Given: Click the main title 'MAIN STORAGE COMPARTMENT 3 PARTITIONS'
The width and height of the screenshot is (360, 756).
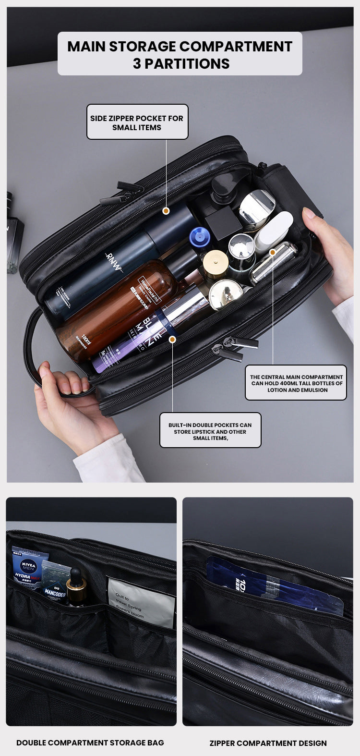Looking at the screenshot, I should (180, 54).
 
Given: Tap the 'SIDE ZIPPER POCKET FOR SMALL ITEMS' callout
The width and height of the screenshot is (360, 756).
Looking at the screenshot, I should (137, 122).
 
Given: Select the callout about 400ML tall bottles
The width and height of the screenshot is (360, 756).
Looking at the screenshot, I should (296, 383).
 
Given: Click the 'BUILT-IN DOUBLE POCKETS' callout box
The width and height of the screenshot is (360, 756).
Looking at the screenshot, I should (210, 431).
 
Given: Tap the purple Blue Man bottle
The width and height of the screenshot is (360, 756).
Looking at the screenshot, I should (144, 336).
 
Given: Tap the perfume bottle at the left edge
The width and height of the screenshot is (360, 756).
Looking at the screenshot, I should (14, 235).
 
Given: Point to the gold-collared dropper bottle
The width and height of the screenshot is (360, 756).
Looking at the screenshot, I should (77, 588).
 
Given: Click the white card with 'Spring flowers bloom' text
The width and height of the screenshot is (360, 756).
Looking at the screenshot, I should (140, 603).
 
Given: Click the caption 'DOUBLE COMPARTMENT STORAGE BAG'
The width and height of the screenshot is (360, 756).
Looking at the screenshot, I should (90, 743).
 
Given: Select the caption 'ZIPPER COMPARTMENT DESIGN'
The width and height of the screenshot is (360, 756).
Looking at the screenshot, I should (268, 743).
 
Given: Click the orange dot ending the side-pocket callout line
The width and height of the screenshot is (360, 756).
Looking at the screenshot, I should (166, 211).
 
